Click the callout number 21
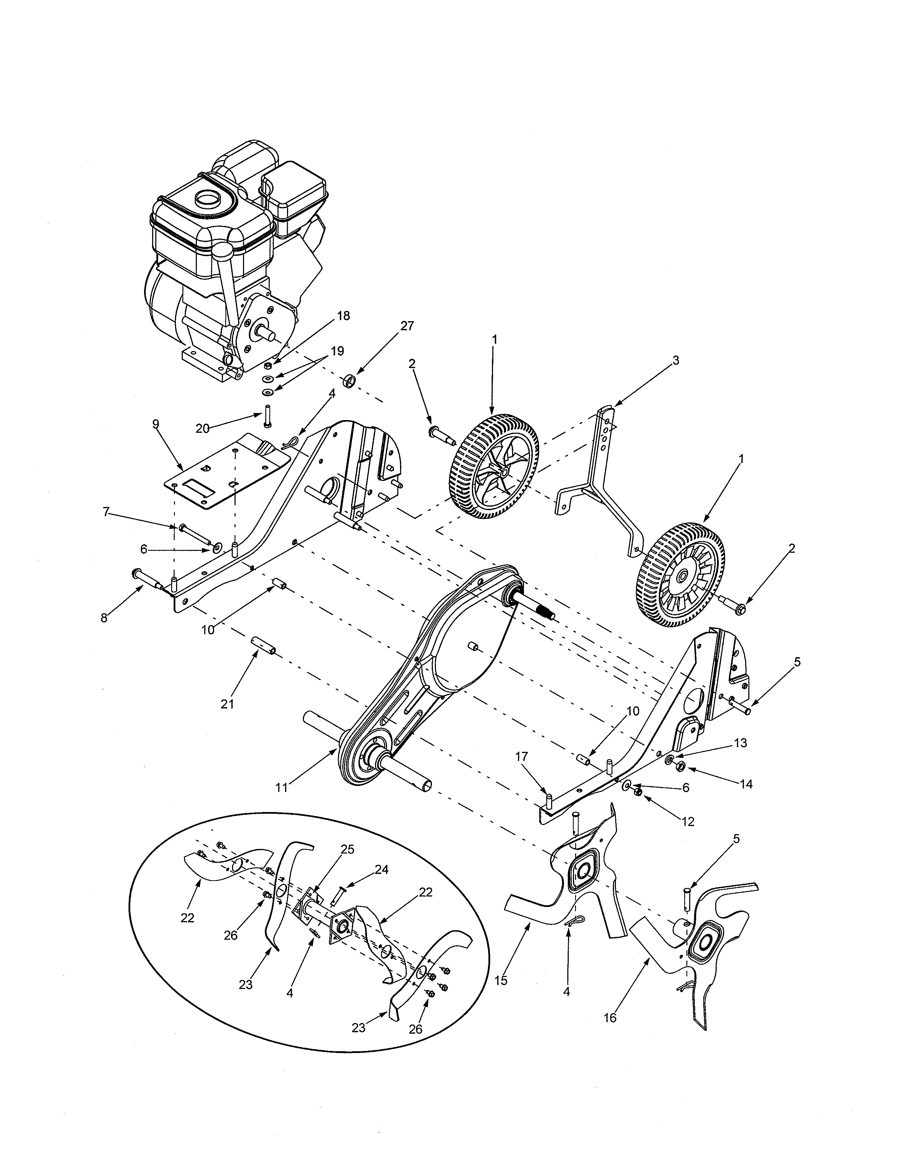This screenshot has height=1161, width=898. point(228,704)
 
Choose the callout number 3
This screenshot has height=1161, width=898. point(676,360)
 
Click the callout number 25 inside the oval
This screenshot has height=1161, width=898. point(347,849)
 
